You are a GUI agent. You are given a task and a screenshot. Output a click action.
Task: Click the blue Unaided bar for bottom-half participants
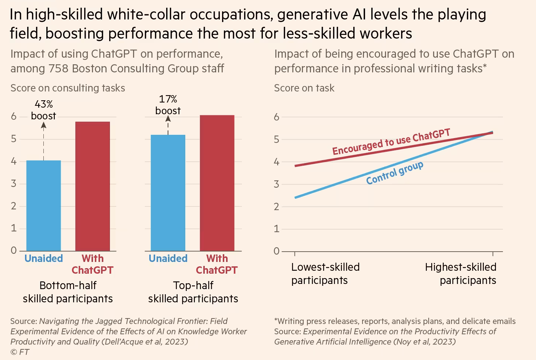(43, 206)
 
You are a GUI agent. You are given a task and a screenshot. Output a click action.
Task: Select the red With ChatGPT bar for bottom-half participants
(93, 186)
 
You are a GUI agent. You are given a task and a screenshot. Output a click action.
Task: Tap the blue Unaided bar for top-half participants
(168, 193)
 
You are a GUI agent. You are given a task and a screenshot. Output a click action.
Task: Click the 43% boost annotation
(44, 110)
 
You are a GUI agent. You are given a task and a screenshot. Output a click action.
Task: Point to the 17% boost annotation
(168, 105)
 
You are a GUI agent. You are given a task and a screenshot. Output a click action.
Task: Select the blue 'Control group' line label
(394, 173)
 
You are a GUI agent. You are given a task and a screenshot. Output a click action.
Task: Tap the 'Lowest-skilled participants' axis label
(325, 274)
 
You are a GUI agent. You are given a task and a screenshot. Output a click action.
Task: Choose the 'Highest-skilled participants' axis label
(461, 274)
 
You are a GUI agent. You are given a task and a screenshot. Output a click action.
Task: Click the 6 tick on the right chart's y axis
(276, 117)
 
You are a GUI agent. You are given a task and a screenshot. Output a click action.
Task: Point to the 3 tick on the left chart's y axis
(14, 184)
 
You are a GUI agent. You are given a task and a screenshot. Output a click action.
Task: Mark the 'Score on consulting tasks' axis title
(68, 88)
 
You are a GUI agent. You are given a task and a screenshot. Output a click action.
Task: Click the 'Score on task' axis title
(304, 88)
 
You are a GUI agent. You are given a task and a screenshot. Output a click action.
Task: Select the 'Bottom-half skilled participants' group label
(68, 292)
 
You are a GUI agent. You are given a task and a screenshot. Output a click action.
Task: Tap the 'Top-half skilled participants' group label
(193, 292)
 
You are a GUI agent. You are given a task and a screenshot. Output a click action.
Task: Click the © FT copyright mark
(20, 352)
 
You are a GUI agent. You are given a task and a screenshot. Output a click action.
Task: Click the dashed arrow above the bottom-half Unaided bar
(44, 141)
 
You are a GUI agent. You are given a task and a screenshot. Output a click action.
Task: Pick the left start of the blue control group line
(296, 198)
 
